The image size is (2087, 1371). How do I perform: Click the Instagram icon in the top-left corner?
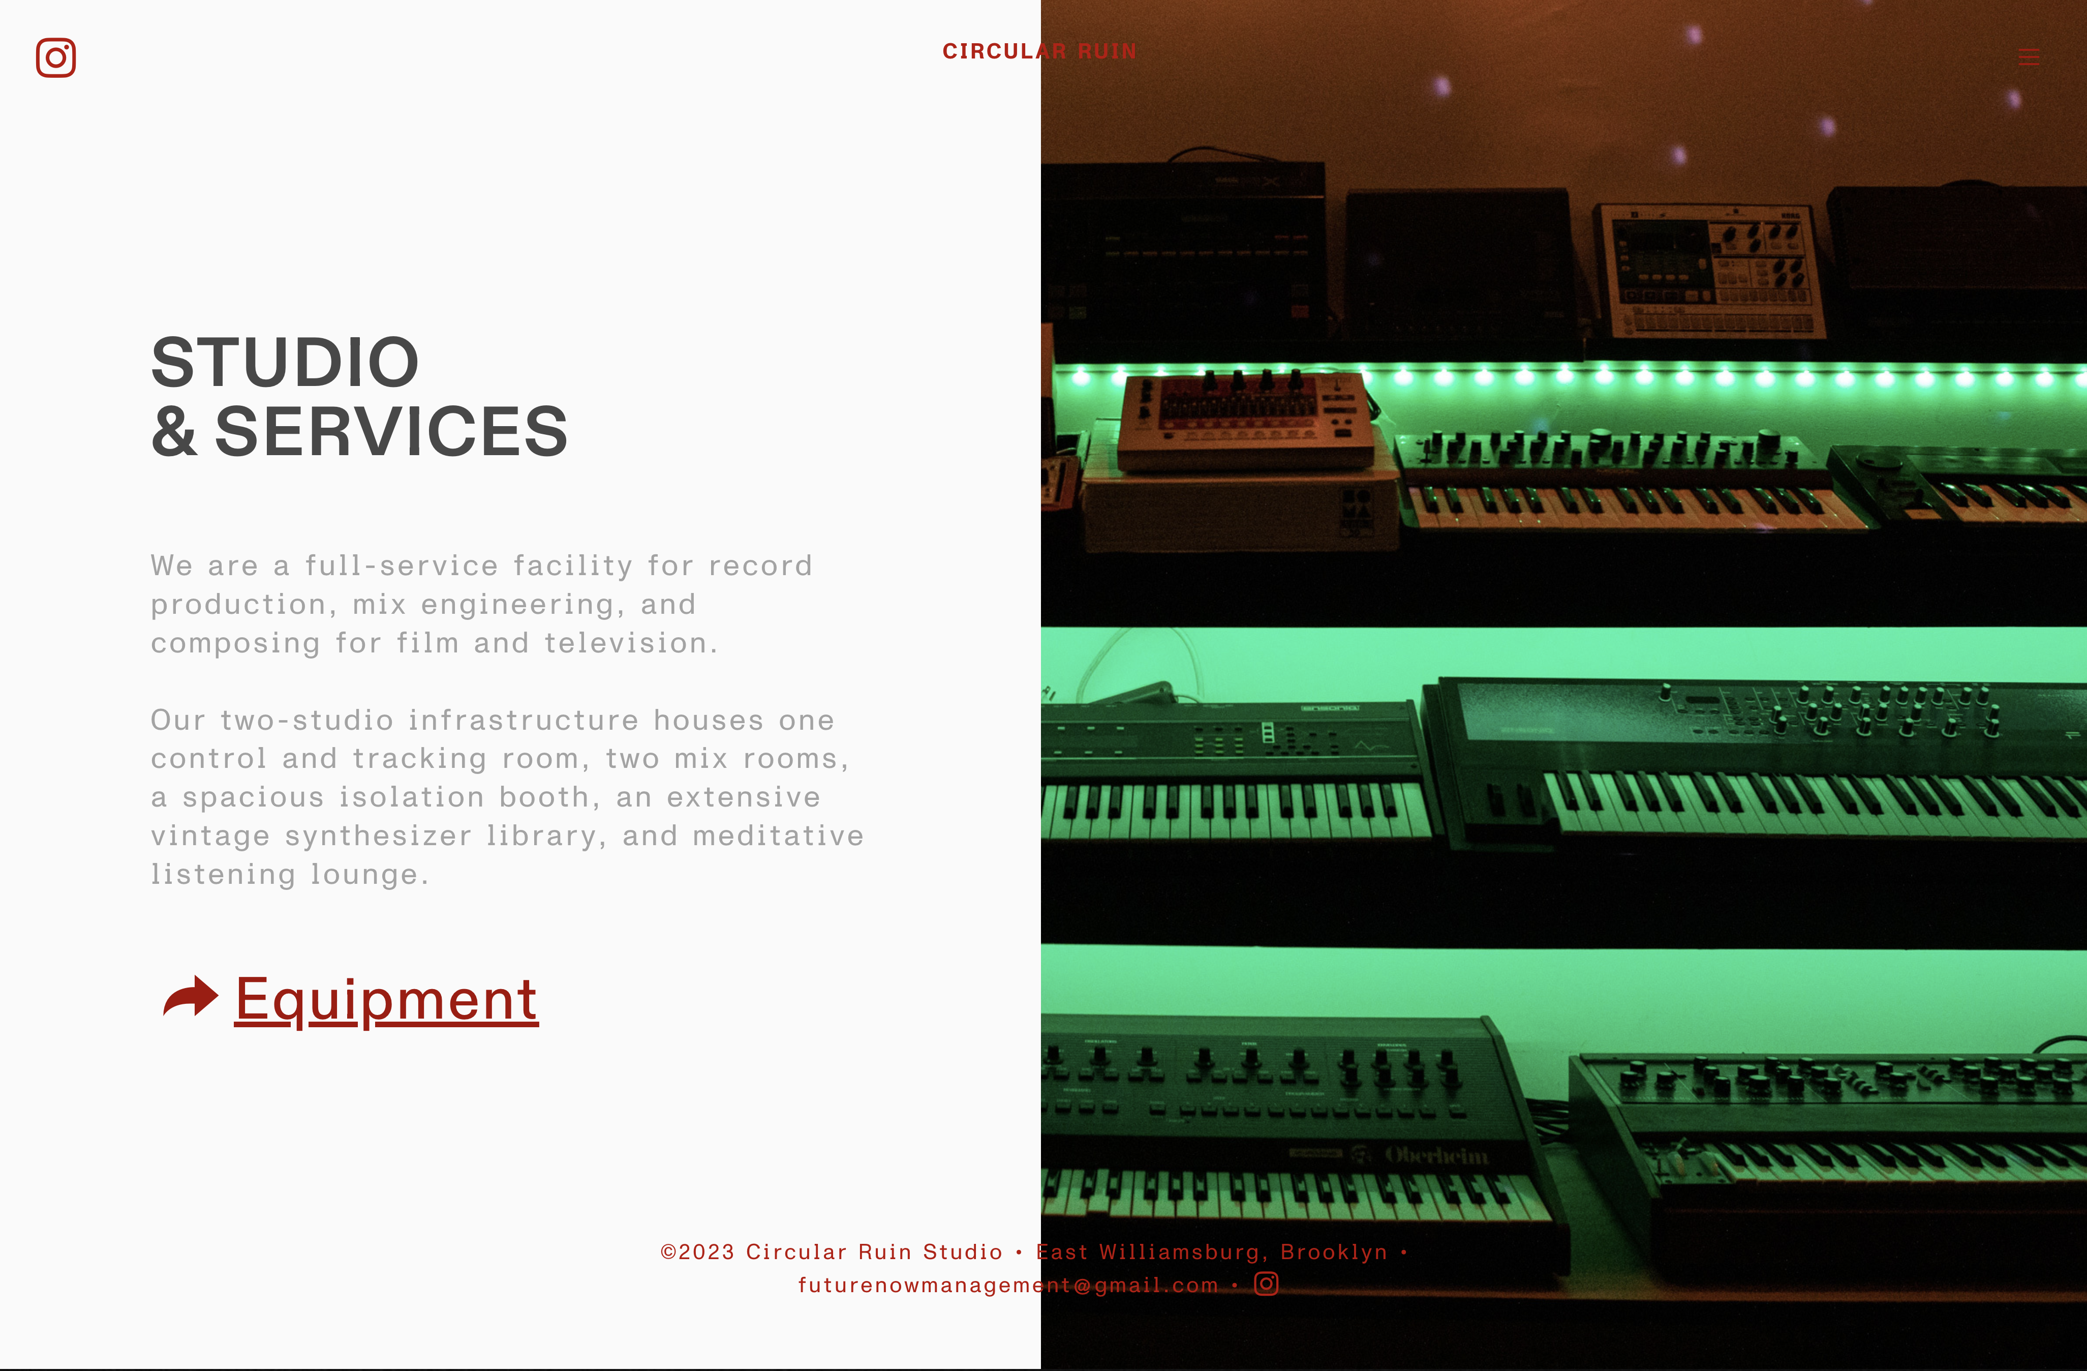coord(56,58)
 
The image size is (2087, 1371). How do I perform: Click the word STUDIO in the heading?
coord(285,362)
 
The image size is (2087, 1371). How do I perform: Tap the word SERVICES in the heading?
coord(391,432)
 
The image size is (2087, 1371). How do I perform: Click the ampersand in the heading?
coord(174,432)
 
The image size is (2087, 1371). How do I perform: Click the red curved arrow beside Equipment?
coord(190,997)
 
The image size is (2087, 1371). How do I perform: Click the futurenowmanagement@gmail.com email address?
coord(1008,1285)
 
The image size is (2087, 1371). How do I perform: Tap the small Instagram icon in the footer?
coord(1266,1284)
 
